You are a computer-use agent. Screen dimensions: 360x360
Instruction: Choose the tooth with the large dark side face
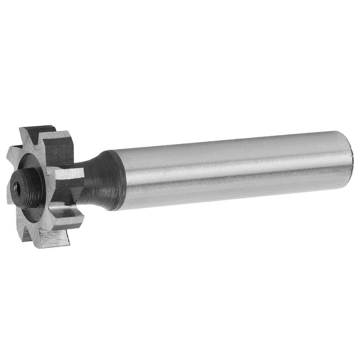tap(58, 149)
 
